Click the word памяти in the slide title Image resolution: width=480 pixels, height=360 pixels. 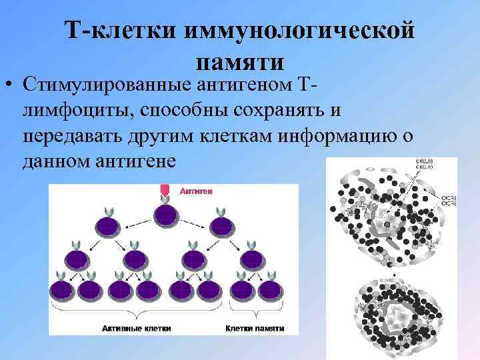(241, 62)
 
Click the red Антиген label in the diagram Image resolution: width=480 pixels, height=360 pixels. (196, 191)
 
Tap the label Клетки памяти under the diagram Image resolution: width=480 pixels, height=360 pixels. (255, 329)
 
